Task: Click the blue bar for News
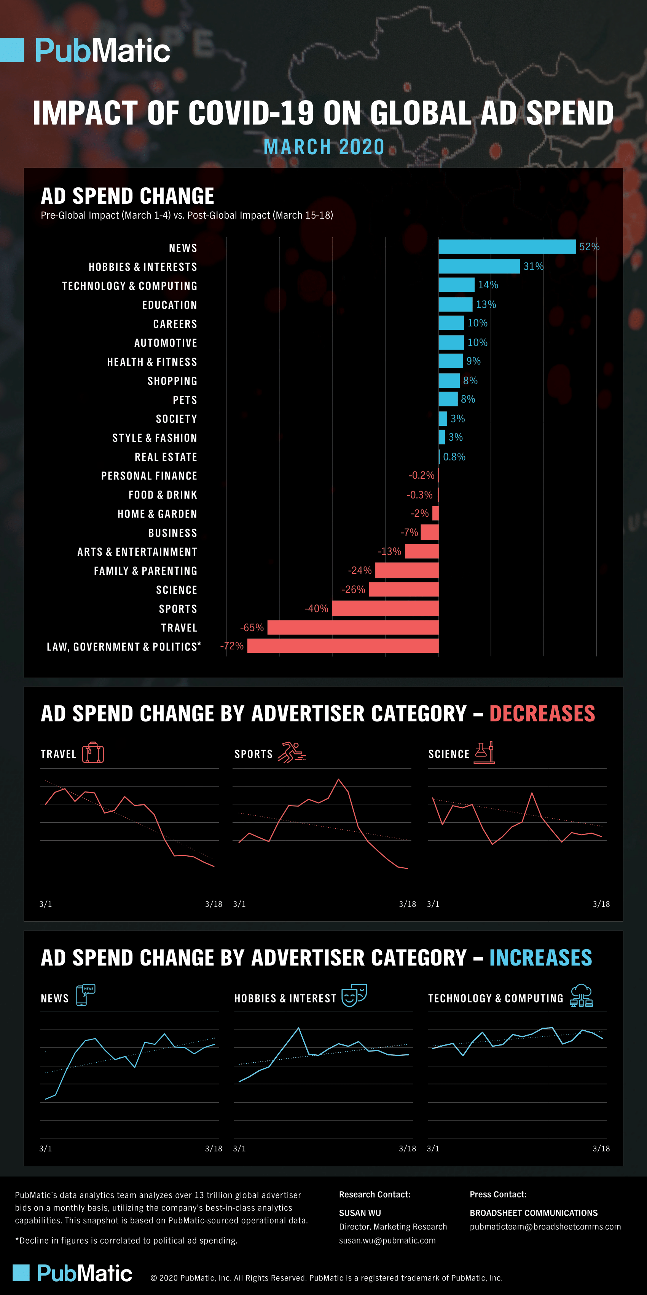click(x=507, y=247)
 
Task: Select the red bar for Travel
click(x=353, y=627)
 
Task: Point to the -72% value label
click(x=231, y=646)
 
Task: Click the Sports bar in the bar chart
click(x=385, y=608)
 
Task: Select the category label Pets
click(x=185, y=400)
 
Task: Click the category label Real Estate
click(x=166, y=457)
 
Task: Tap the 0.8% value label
click(x=454, y=457)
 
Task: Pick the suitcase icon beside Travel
click(x=93, y=753)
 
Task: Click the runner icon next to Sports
click(x=292, y=753)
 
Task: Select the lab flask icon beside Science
click(x=484, y=753)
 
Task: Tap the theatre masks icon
click(x=354, y=996)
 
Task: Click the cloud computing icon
click(x=581, y=996)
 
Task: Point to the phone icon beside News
click(x=85, y=995)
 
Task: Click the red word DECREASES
click(x=542, y=714)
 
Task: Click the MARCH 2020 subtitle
click(x=324, y=147)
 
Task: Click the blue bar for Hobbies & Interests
click(x=479, y=267)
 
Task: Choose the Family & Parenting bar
click(x=406, y=571)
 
